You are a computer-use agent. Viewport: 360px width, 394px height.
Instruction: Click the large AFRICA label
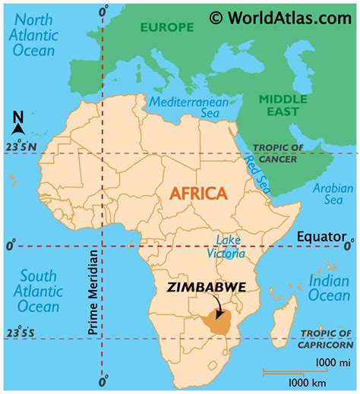pos(198,194)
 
